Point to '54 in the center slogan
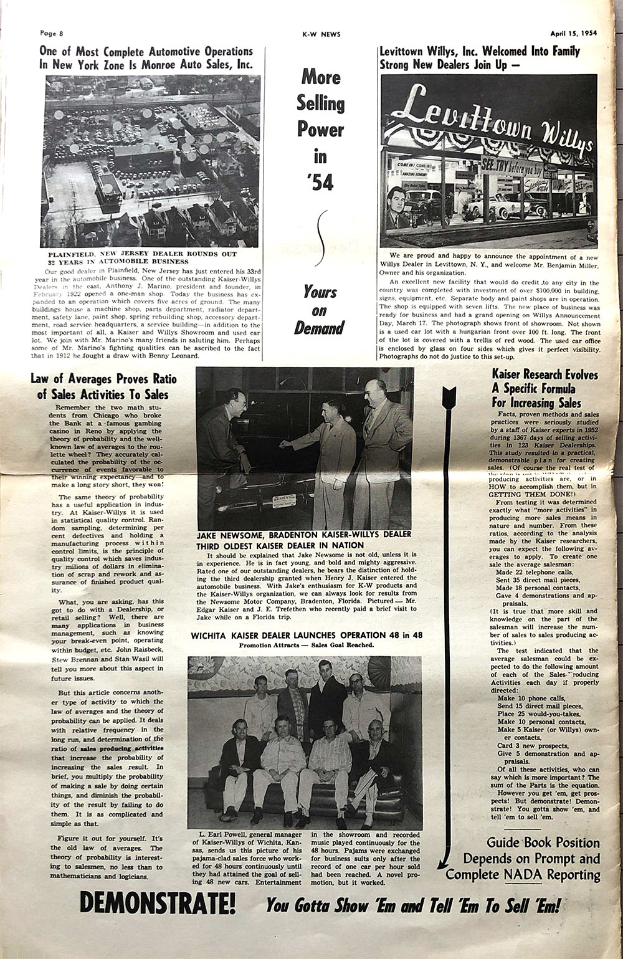coord(320,182)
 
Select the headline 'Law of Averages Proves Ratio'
coord(103,379)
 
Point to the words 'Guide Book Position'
coord(543,842)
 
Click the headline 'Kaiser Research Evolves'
coord(545,375)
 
